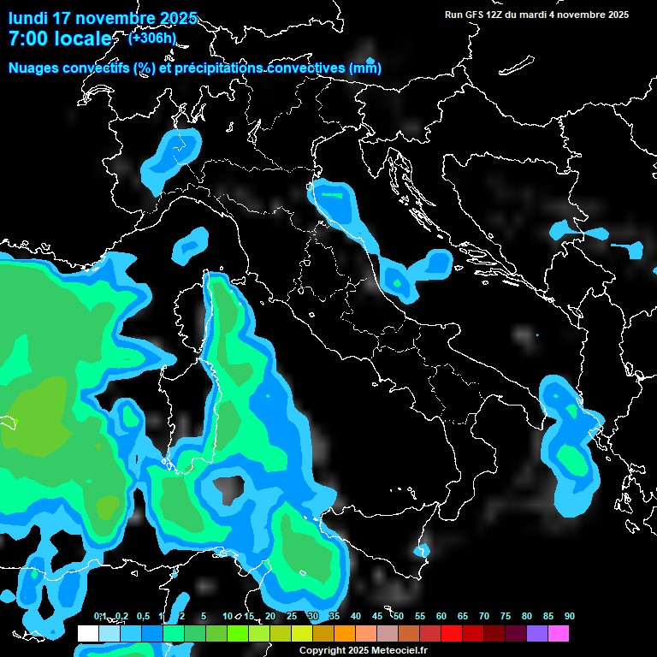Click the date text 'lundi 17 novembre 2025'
(x=103, y=18)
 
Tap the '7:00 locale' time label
(x=60, y=38)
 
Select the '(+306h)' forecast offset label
(x=152, y=38)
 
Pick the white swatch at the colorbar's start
(x=87, y=633)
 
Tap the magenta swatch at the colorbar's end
(x=559, y=633)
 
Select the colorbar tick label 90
(x=570, y=616)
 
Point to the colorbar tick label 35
(x=334, y=616)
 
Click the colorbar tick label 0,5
(x=142, y=616)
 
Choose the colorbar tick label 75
(x=505, y=616)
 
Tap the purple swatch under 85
(x=537, y=633)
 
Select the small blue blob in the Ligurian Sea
(x=191, y=246)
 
